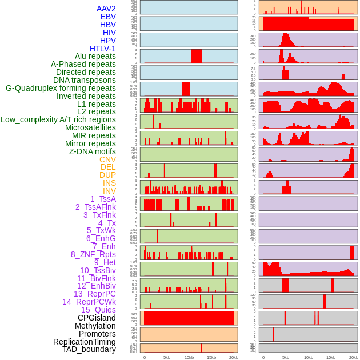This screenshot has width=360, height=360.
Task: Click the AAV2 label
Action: (106, 9)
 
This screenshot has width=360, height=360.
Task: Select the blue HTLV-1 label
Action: (102, 49)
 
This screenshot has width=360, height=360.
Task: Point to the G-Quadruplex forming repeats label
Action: (61, 88)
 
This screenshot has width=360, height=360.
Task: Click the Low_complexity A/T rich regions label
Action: (58, 119)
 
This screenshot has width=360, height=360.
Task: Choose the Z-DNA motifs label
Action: (92, 151)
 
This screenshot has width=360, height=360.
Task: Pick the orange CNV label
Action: (107, 159)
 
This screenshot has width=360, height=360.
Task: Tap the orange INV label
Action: (109, 191)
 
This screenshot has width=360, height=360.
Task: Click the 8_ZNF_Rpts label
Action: (93, 254)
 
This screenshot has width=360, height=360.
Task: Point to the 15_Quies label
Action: (98, 310)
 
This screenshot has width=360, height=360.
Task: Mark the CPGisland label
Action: (97, 318)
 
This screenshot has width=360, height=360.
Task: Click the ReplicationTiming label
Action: (85, 342)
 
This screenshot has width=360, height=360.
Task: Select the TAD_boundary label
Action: (89, 349)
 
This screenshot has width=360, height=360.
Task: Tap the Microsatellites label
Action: (90, 127)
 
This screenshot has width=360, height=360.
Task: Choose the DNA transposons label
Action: (85, 80)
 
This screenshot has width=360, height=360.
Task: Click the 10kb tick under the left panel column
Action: (189, 357)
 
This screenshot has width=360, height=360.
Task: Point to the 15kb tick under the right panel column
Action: (330, 357)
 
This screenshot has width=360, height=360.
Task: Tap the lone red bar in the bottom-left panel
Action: (201, 347)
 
